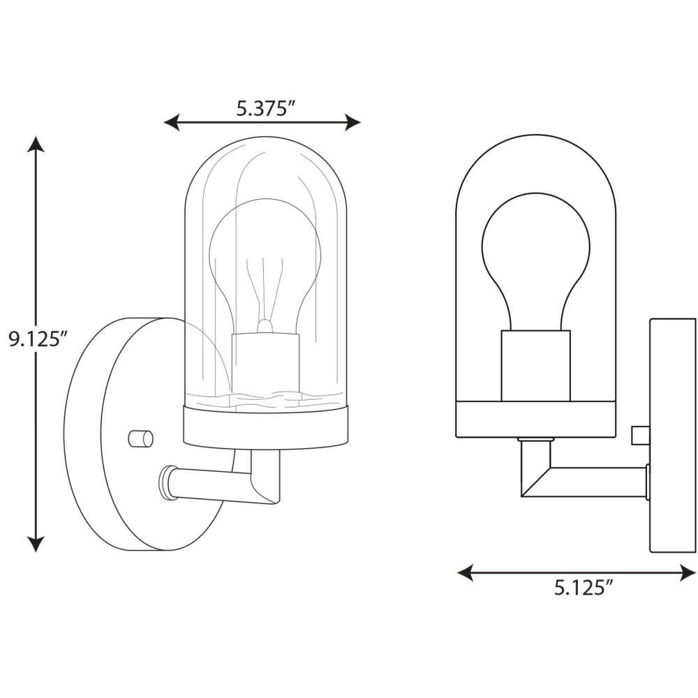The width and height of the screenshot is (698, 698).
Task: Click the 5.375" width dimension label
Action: [x=266, y=108]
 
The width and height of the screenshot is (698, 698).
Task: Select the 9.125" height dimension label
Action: [x=38, y=340]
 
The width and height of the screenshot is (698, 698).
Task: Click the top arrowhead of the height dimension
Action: [x=36, y=144]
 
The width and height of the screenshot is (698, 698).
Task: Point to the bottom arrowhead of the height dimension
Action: [x=36, y=544]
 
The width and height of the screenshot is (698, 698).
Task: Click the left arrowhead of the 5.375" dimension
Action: [x=172, y=122]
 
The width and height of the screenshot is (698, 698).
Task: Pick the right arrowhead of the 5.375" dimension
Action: [x=352, y=122]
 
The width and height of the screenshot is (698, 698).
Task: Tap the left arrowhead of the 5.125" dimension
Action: [x=465, y=572]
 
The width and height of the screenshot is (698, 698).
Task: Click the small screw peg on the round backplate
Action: [x=140, y=438]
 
